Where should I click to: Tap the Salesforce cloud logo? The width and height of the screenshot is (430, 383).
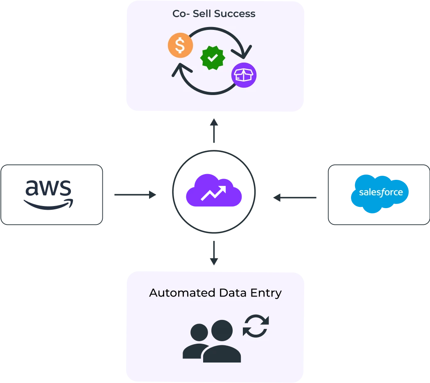380,193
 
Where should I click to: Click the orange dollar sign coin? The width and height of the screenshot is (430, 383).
180,45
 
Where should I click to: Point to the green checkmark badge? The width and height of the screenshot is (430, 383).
213,58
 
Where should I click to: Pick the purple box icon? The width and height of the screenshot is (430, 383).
244,75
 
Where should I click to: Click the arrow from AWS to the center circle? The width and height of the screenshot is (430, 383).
134,195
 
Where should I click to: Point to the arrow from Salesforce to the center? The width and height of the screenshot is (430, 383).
296,198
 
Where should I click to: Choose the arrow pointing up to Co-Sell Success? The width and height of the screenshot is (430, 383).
214,131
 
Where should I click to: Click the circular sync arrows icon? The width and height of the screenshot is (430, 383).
256,326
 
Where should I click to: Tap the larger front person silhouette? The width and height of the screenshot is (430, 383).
222,342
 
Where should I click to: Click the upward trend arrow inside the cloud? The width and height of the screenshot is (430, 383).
214,193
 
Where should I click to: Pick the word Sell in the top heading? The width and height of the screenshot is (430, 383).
201,14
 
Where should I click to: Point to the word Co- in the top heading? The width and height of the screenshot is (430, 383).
180,14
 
